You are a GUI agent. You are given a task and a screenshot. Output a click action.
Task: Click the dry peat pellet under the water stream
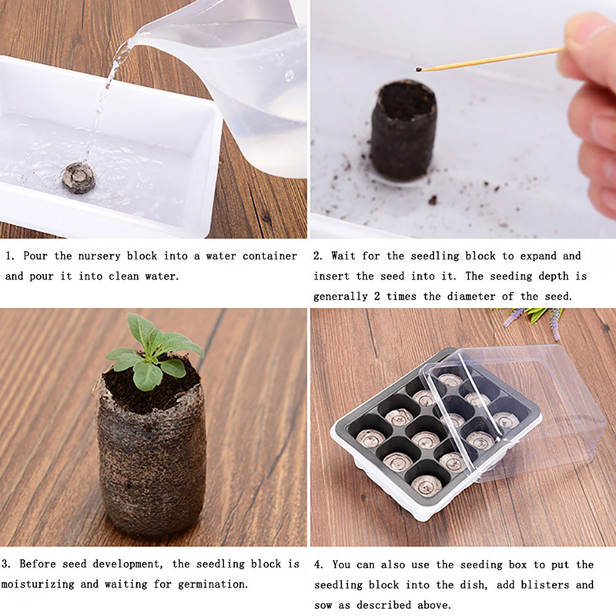point(79,178)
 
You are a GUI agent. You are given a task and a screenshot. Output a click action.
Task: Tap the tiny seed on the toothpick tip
point(418,70)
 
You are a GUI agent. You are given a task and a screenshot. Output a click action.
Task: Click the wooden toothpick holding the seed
point(491,59)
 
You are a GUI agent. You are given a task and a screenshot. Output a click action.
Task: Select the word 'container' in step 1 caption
point(270,256)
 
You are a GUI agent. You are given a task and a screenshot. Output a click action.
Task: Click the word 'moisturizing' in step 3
point(38,584)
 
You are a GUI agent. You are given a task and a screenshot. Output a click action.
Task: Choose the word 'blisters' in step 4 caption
point(545,585)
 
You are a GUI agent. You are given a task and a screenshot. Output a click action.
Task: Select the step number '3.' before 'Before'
point(6,564)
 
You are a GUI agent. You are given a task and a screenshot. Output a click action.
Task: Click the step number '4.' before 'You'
point(319,565)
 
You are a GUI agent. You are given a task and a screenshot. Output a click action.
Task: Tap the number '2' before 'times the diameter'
point(377,296)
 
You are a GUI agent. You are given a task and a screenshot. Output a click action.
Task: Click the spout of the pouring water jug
point(136,39)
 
